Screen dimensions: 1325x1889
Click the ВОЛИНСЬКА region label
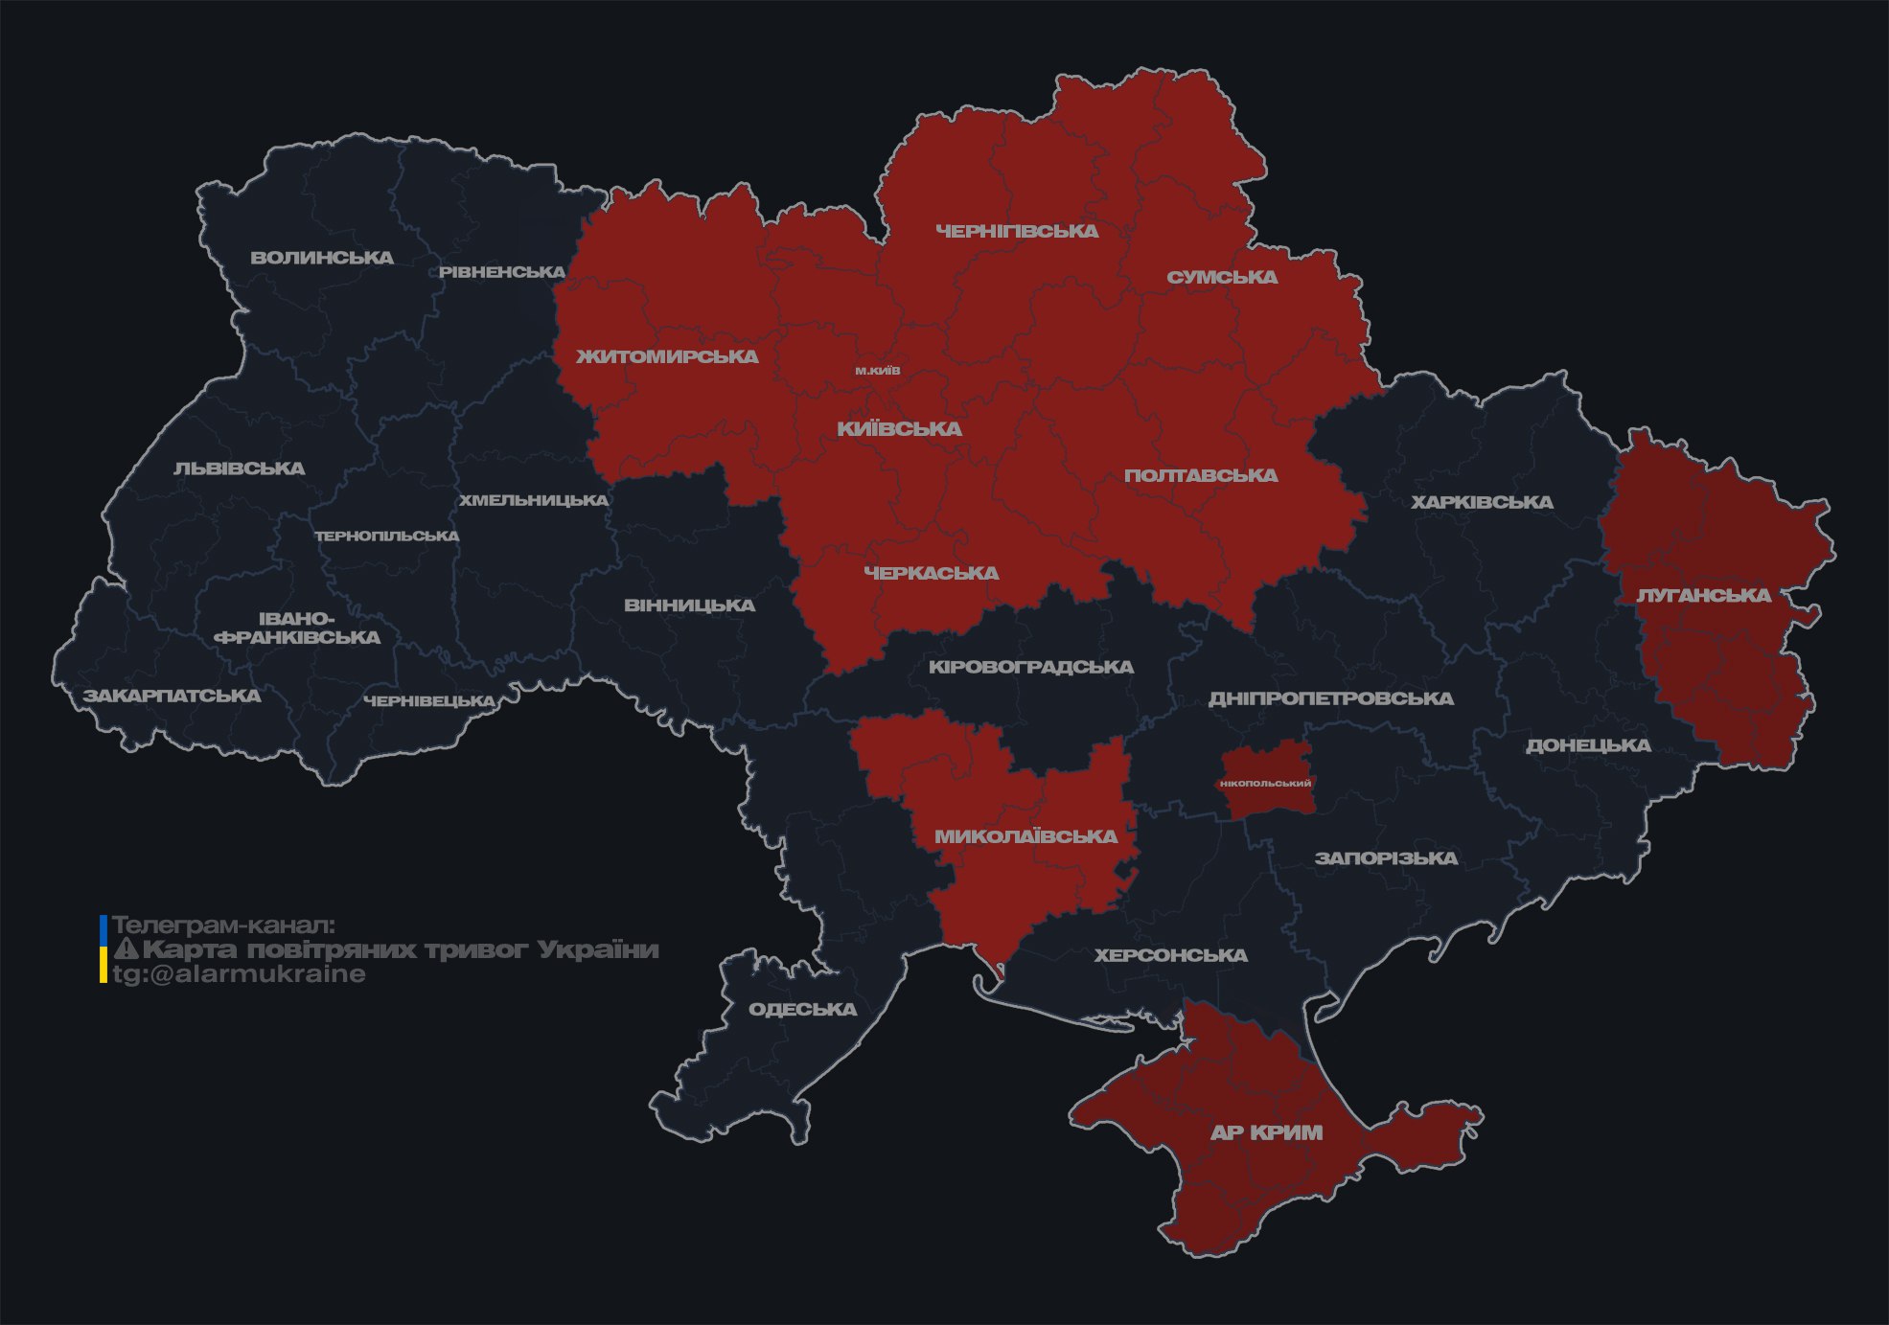point(322,257)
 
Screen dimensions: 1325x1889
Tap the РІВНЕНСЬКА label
point(502,272)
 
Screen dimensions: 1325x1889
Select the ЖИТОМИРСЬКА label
point(667,356)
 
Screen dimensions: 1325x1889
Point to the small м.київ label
point(878,371)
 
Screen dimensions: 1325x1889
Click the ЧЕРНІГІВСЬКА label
point(1017,231)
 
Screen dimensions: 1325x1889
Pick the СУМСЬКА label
point(1222,277)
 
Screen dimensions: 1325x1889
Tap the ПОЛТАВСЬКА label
point(1201,475)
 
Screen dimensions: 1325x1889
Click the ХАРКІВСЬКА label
point(1482,502)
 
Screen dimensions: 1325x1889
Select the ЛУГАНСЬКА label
point(1704,595)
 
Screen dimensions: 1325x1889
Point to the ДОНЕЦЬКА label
point(1588,745)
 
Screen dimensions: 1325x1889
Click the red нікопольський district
point(1266,783)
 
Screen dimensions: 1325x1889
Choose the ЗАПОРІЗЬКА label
point(1386,858)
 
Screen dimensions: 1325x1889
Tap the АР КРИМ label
point(1266,1132)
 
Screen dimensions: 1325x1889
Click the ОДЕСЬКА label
point(802,1009)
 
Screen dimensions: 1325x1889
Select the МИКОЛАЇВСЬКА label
point(1026,836)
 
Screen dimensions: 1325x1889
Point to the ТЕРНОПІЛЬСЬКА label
point(387,536)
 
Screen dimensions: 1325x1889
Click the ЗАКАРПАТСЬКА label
point(172,696)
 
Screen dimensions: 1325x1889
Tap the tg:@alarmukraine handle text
point(240,974)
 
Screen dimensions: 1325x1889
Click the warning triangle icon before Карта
point(127,949)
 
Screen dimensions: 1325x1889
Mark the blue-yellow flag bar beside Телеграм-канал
point(104,949)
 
